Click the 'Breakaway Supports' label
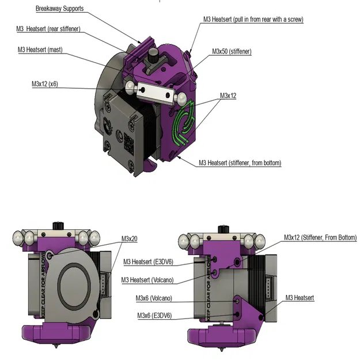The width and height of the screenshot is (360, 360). coord(59,9)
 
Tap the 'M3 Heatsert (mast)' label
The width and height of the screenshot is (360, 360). coord(40,50)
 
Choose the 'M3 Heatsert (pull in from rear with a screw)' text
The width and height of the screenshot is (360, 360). coord(253,19)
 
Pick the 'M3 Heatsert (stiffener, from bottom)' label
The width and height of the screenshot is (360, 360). coord(240,163)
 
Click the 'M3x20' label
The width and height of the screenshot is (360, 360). coord(129,238)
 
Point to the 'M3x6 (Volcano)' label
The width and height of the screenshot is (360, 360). coord(154,298)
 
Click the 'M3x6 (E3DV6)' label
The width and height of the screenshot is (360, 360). coord(155,316)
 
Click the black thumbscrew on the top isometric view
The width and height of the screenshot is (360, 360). coord(154,55)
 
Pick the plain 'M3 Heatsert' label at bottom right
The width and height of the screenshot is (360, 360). coord(300,298)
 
